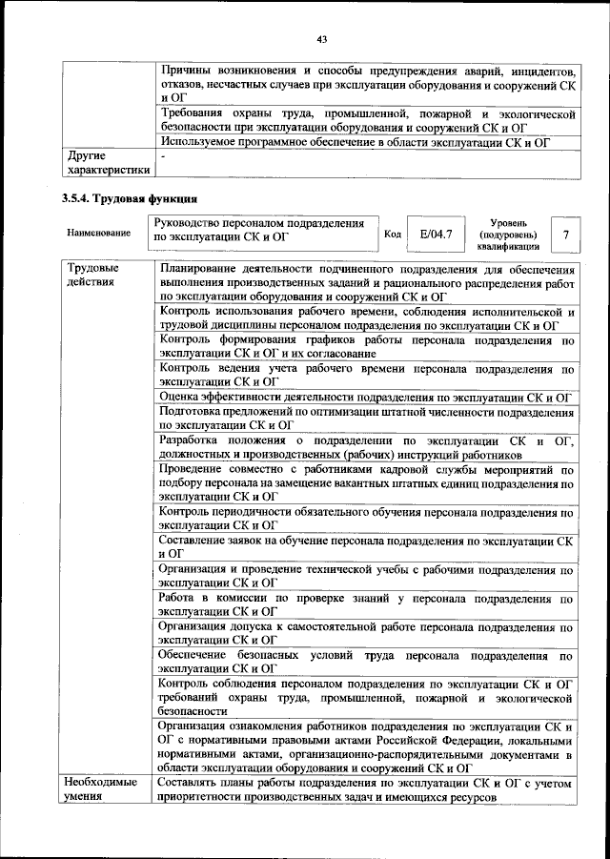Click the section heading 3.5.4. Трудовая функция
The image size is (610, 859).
point(130,199)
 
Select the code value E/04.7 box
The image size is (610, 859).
point(435,234)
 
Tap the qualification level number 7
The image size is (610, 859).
point(566,235)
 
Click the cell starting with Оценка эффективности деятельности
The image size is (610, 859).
point(366,397)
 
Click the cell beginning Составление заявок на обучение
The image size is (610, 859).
point(366,546)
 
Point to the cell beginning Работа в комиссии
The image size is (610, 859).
point(366,605)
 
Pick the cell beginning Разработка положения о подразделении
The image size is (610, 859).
point(366,448)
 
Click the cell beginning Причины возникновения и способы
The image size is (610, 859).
point(366,85)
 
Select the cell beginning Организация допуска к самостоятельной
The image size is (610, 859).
point(366,634)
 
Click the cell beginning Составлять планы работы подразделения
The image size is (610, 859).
point(366,789)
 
